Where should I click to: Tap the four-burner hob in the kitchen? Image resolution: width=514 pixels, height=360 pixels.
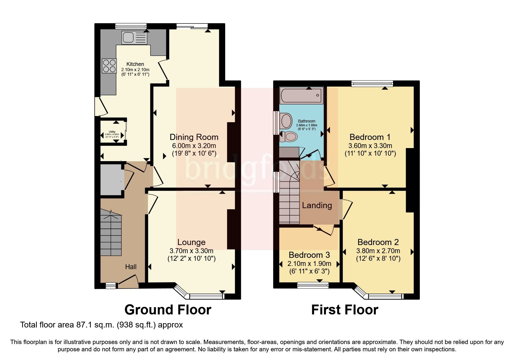point(109,66)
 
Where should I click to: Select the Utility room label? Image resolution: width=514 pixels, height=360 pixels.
point(112,132)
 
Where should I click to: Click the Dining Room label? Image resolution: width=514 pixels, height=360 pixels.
point(194,137)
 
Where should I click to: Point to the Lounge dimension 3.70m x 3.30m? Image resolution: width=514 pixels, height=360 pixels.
point(192,251)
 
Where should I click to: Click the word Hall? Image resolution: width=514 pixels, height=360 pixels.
point(131,267)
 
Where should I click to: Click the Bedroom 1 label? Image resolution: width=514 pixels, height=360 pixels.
point(370,137)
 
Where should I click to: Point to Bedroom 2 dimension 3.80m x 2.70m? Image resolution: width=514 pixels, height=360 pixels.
point(378,251)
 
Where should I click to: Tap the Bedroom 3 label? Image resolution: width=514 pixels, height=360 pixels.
point(309,255)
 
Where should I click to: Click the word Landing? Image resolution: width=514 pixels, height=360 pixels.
point(317,206)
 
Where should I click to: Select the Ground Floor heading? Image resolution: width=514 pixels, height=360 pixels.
point(168,310)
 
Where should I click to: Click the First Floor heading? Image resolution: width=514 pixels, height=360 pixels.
point(345,310)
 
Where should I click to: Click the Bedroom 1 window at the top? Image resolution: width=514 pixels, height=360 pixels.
point(372,84)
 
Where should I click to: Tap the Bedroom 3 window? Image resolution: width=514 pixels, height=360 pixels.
point(313,285)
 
